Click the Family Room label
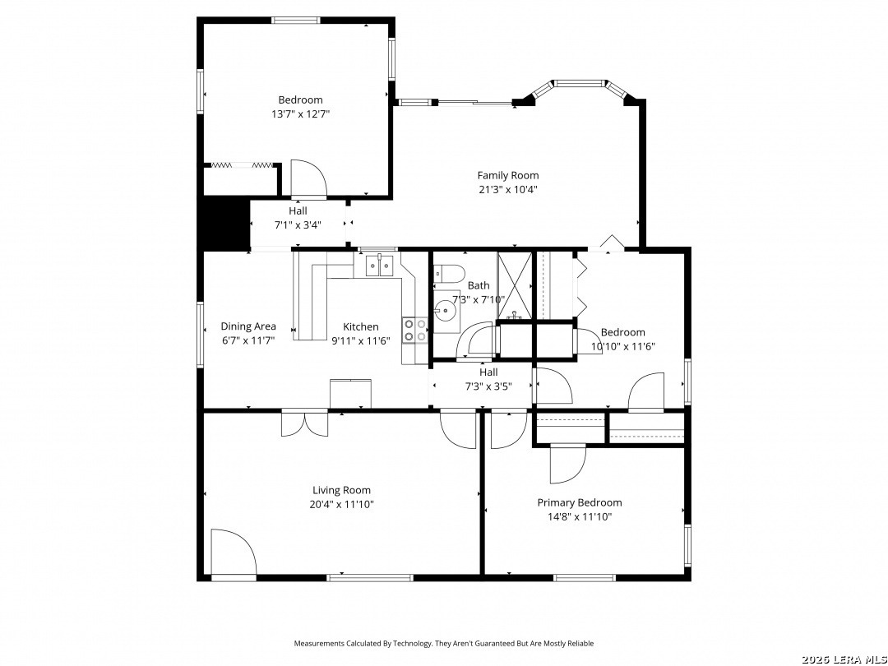click(x=508, y=176)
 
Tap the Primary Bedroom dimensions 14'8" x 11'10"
click(x=580, y=516)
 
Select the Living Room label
click(x=341, y=490)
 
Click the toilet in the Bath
click(x=449, y=273)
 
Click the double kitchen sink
click(x=379, y=265)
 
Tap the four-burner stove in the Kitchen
click(x=415, y=331)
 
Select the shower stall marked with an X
click(x=515, y=285)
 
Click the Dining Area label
click(x=248, y=326)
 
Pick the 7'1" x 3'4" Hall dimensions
click(x=298, y=224)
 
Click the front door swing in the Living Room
click(x=234, y=553)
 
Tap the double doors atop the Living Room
click(x=305, y=423)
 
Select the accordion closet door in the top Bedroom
click(x=242, y=164)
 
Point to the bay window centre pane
click(x=580, y=84)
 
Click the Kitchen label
click(x=361, y=326)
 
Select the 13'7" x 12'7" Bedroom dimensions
click(x=301, y=113)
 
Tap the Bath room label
click(x=479, y=285)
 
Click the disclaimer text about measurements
click(x=443, y=643)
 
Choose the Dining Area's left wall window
click(x=200, y=335)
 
